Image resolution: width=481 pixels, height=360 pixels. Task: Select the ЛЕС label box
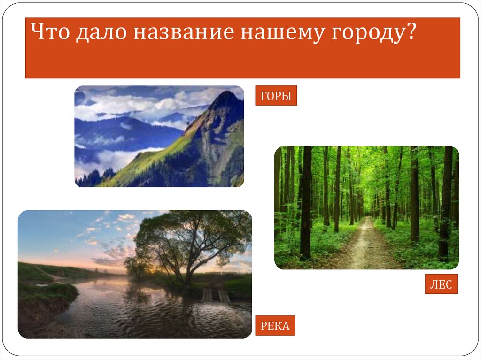tap(441, 284)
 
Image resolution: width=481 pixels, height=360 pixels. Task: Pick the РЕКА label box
tap(275, 325)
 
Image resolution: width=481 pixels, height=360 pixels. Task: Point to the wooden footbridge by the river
tap(215, 295)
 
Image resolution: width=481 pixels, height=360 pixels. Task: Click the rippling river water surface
tap(141, 314)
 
